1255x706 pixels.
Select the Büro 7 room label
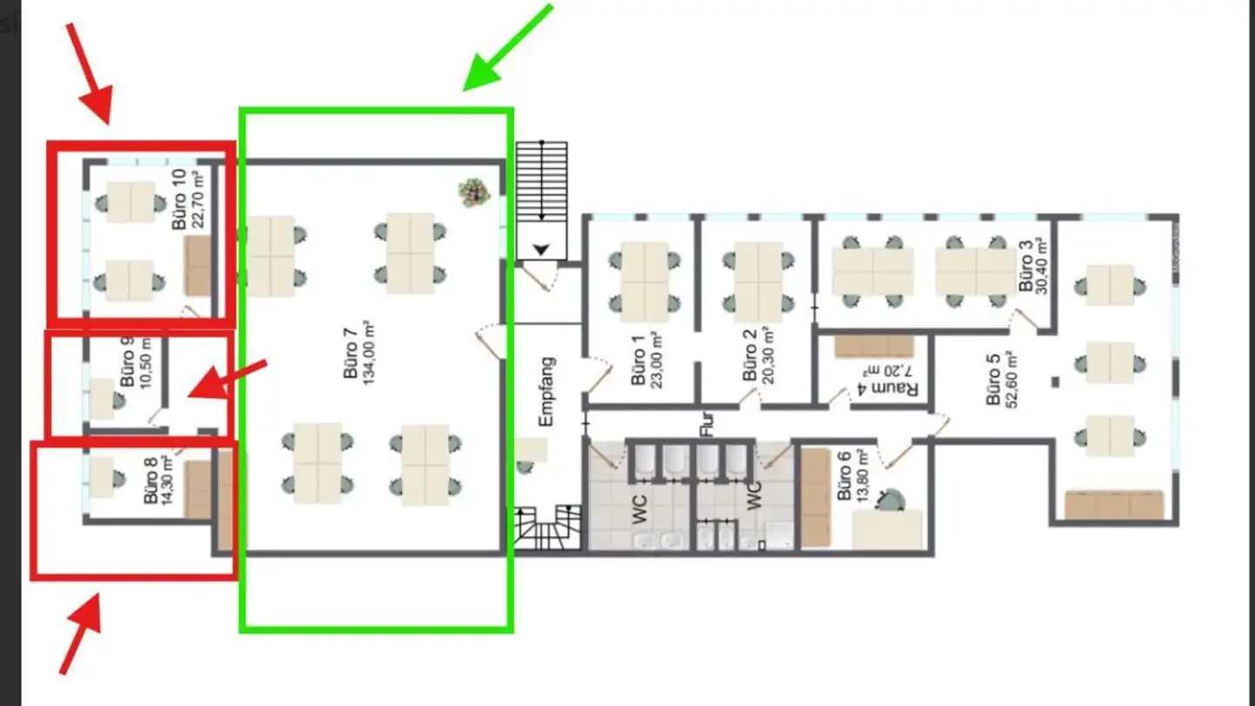point(350,353)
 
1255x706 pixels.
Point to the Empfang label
point(546,391)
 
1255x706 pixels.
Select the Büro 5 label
point(993,384)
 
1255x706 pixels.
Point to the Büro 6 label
point(844,476)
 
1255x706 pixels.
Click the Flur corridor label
point(707,424)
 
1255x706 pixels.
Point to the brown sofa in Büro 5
point(1114,505)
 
